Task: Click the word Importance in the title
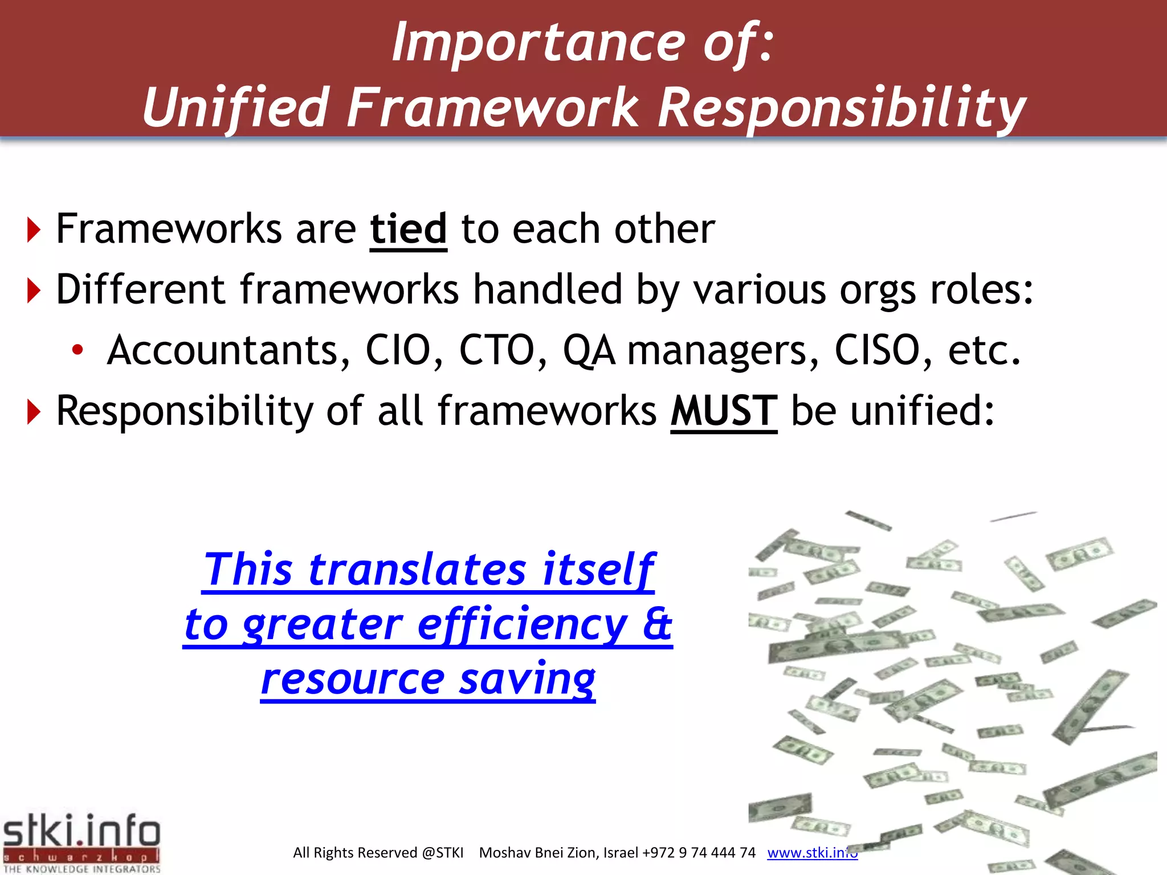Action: click(538, 43)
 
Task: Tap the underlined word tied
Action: click(408, 229)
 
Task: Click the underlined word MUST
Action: click(723, 411)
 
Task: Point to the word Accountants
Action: click(228, 350)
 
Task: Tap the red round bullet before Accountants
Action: click(77, 350)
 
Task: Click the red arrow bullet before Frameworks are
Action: click(34, 230)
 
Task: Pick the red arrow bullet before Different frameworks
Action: click(34, 291)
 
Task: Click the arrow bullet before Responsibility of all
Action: click(34, 412)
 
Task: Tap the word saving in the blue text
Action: click(527, 680)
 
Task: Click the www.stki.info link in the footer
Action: click(811, 853)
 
